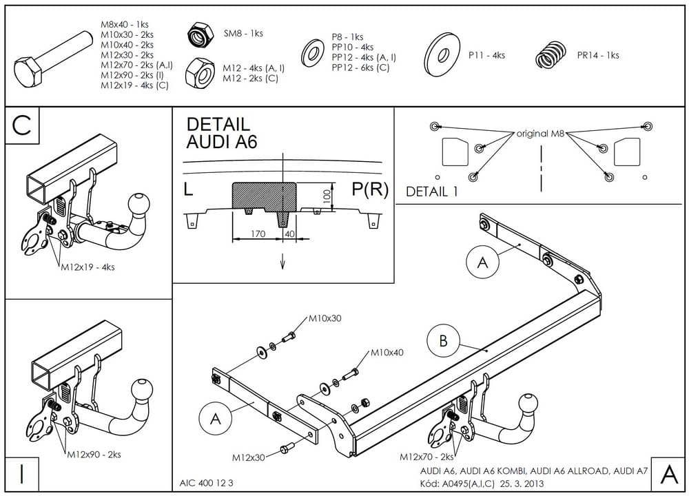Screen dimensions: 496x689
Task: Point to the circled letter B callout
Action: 444,340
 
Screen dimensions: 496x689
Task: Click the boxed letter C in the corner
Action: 22,125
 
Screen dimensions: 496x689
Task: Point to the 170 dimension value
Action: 258,234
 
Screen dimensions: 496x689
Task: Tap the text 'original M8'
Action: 542,134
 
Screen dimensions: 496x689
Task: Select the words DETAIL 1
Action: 432,192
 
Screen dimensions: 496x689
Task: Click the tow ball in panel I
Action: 143,387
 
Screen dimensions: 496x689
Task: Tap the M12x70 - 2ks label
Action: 428,457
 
